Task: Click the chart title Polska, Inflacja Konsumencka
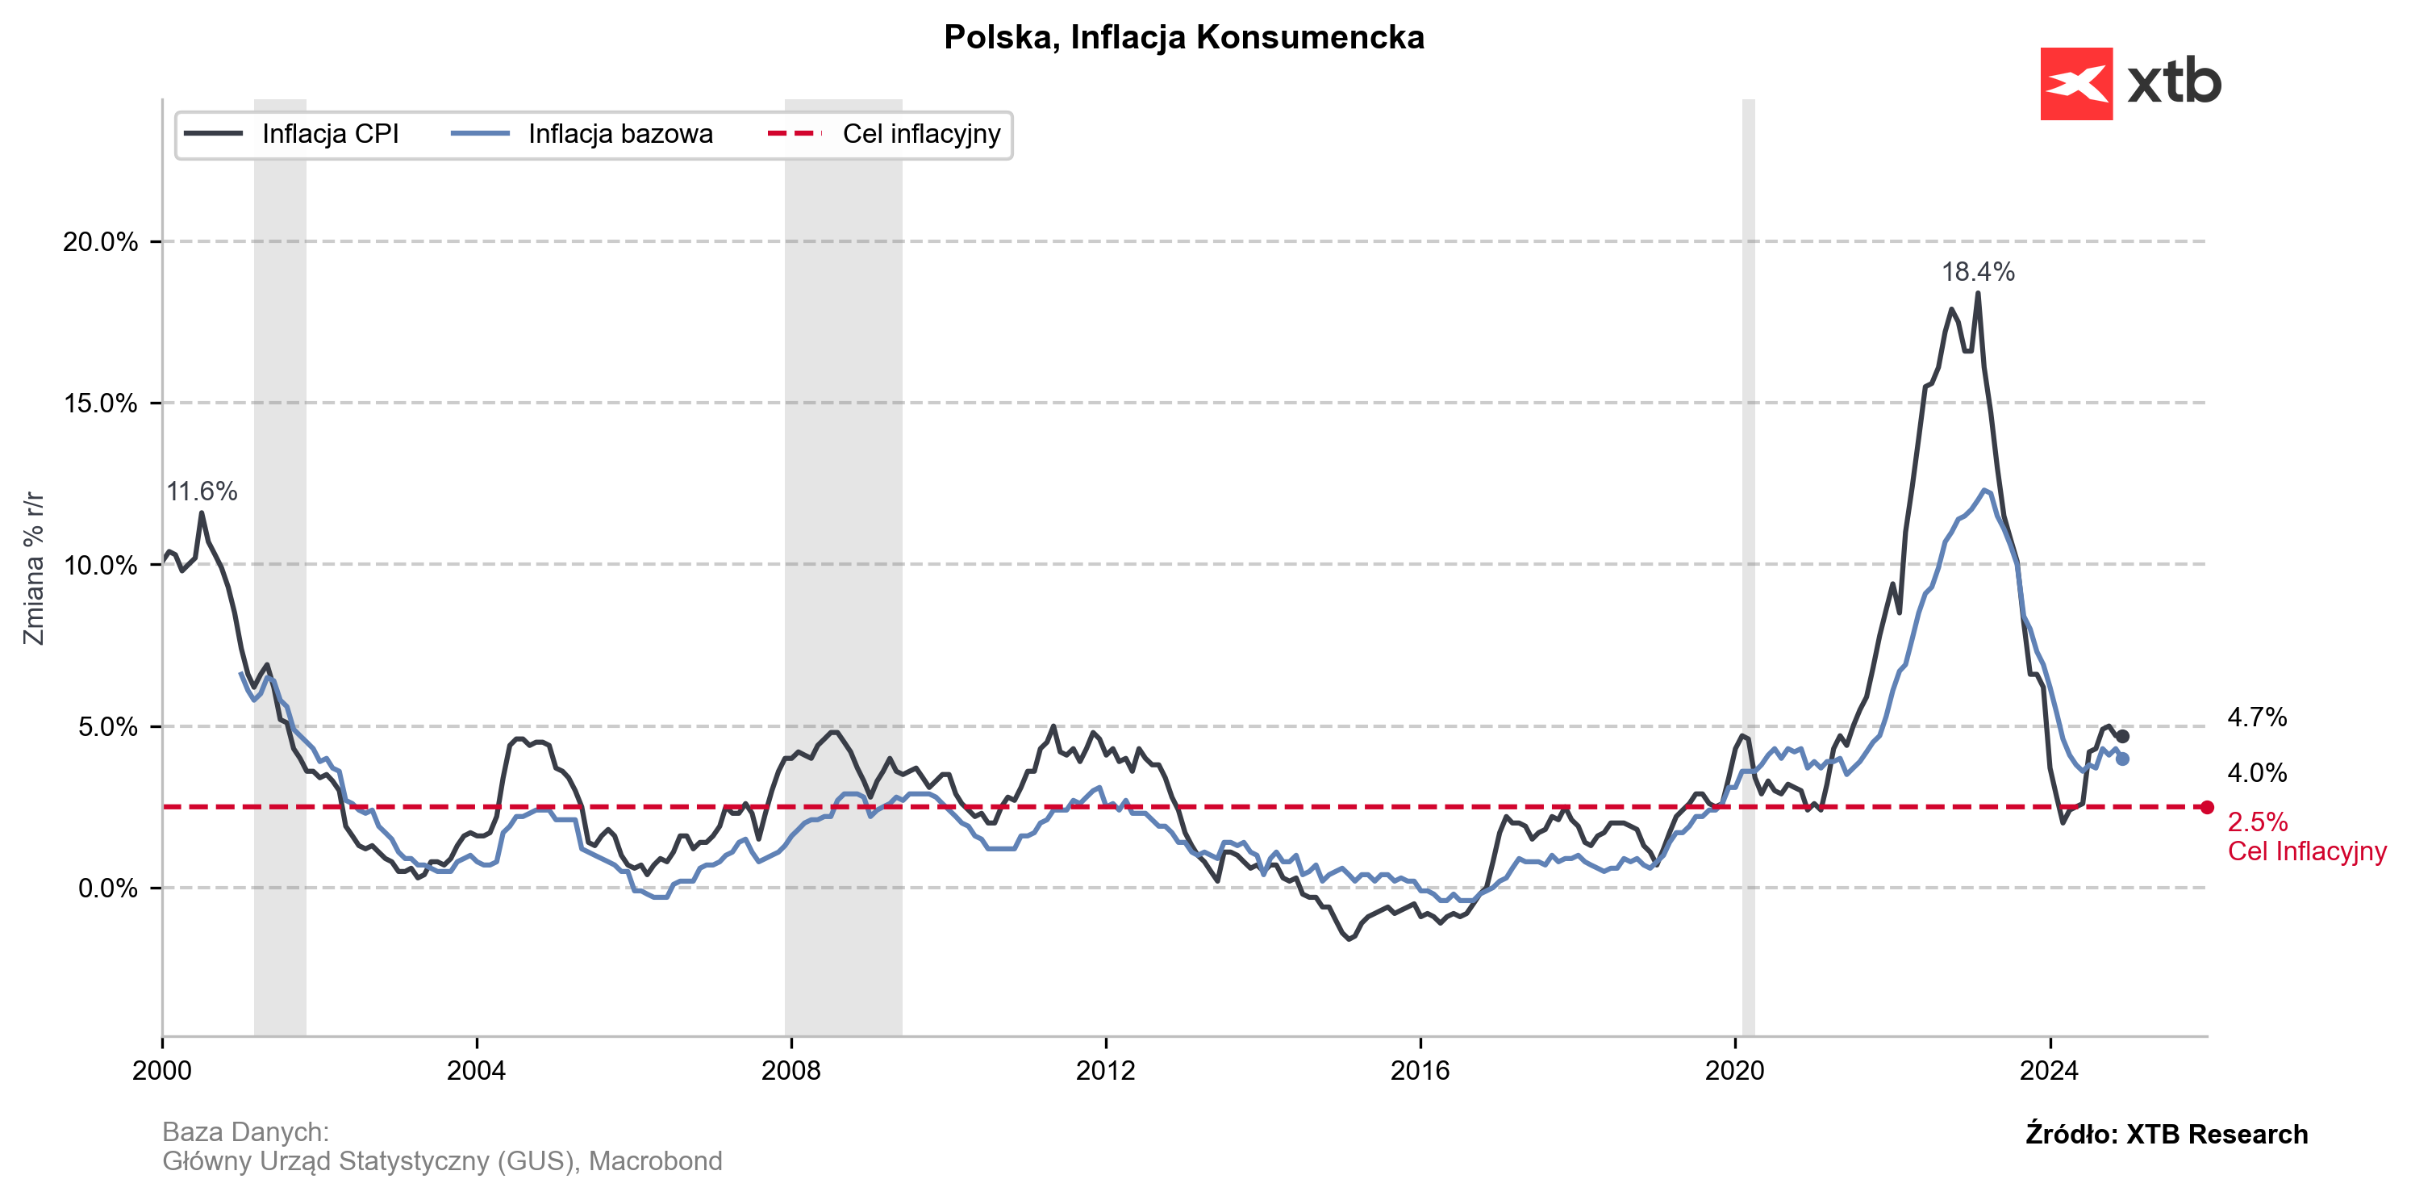coord(1183,37)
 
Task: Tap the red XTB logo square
coord(2076,83)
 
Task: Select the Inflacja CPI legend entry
coord(329,134)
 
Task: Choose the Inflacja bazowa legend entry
coord(619,134)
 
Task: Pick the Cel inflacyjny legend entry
coord(921,134)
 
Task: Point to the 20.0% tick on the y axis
coord(100,241)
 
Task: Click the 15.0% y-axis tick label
coord(100,403)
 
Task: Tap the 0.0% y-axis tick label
coord(107,889)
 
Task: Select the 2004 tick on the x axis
coord(477,1071)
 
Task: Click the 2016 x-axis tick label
coord(1420,1071)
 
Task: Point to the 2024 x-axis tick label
coord(2049,1071)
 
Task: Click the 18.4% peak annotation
coord(1978,273)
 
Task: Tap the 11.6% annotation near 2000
coord(202,491)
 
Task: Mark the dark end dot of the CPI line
coord(2123,737)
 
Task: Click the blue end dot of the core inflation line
coord(2123,759)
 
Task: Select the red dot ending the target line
coord(2208,807)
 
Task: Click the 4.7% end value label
coord(2257,718)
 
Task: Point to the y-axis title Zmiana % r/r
coord(34,567)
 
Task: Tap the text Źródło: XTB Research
coord(2166,1135)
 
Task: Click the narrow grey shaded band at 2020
coord(1748,562)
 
